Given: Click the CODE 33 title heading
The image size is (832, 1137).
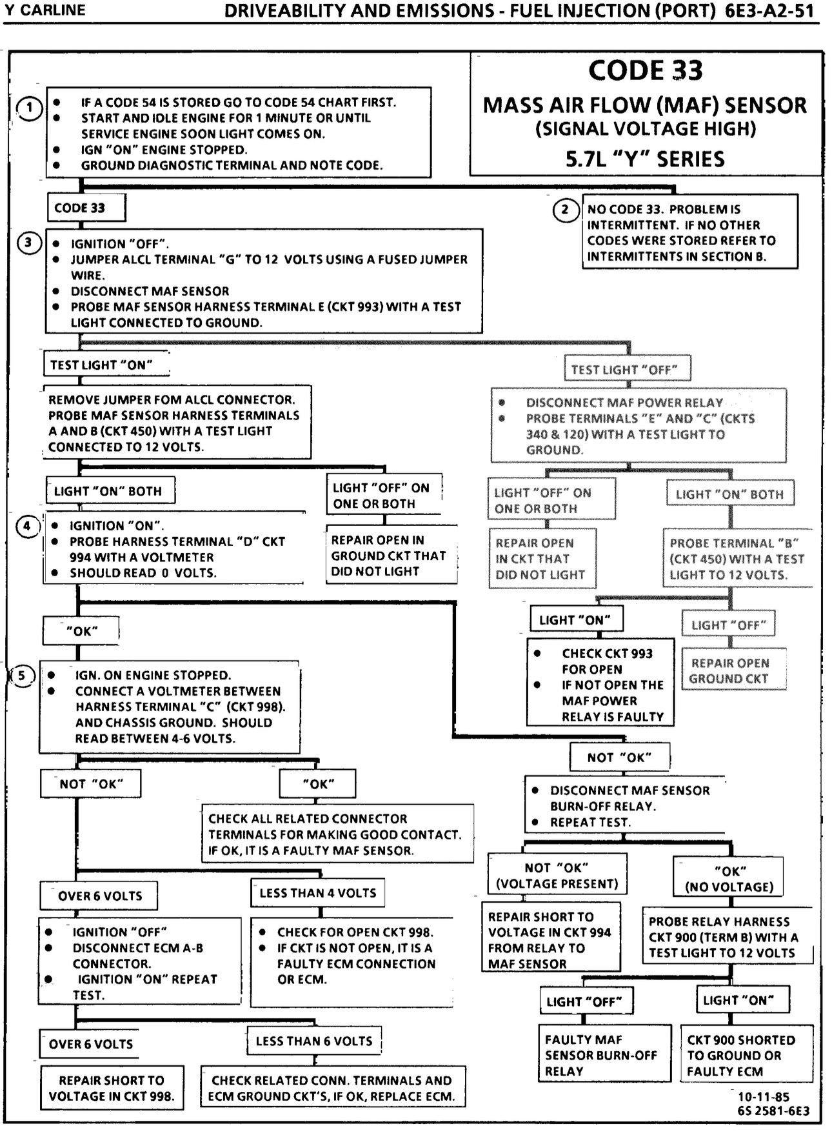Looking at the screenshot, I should coord(645,70).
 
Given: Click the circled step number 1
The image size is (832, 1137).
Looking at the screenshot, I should coord(30,108).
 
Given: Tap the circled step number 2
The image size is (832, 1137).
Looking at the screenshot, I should coord(566,210).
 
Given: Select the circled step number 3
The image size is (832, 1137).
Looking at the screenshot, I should coord(28,243).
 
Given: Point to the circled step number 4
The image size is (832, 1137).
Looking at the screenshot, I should coord(27,526).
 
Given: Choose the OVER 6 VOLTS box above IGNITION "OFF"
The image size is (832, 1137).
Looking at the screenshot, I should coord(99,896).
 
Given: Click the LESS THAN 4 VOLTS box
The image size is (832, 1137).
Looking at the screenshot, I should coord(317,893).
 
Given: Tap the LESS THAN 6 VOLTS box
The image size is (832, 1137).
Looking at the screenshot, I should coord(314,1041).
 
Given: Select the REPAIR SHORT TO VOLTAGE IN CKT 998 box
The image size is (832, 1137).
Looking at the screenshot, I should coord(112,1088).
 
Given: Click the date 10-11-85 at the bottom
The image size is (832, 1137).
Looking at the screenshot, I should coord(764,1097).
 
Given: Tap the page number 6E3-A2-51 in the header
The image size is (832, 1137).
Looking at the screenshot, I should coord(769,12).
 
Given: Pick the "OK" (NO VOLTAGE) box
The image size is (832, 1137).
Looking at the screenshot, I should coord(729,879).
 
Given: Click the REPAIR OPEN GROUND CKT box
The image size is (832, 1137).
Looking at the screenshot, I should coord(729,671).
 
